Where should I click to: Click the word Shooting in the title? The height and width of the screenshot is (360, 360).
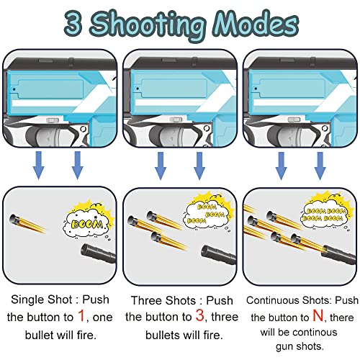tap(155, 23)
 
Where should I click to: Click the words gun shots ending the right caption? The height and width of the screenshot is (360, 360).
tap(300, 347)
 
